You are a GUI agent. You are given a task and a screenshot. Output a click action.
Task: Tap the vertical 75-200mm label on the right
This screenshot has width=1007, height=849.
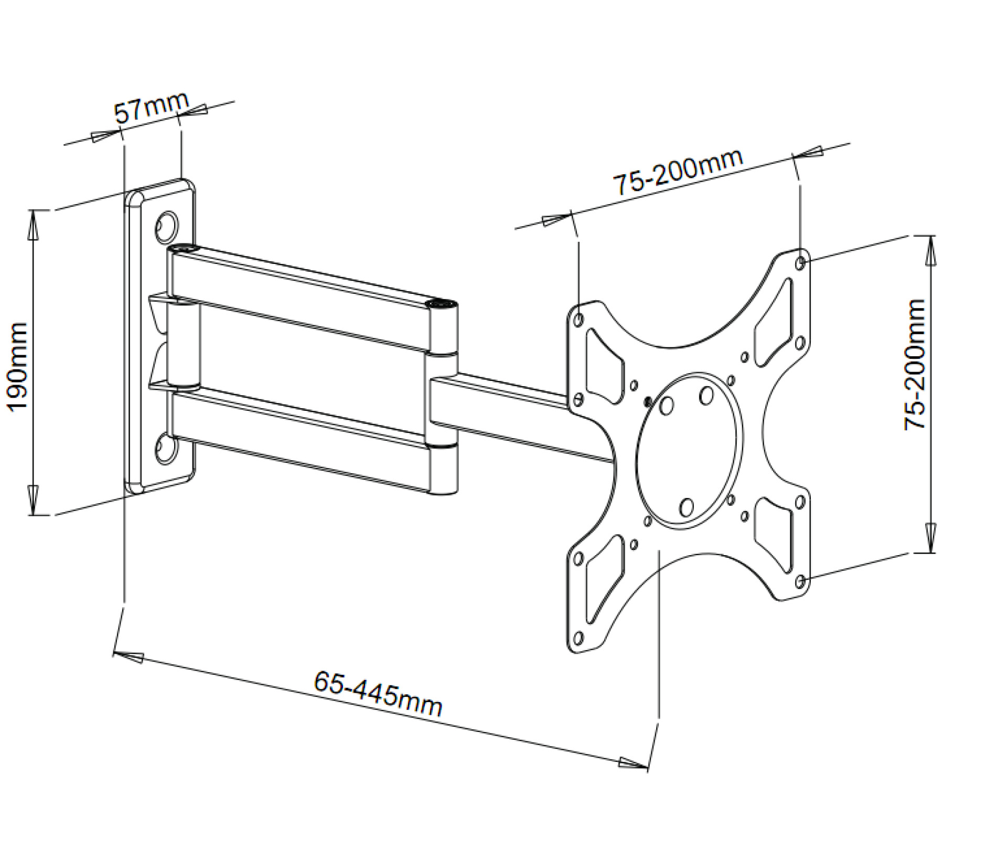point(915,365)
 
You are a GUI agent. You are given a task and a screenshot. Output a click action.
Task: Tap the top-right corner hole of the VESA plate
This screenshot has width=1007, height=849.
point(800,262)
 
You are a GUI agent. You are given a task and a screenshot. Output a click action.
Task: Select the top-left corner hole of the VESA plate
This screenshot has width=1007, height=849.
point(579,319)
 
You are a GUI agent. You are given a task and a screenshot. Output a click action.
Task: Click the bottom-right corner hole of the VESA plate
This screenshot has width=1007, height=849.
point(800,581)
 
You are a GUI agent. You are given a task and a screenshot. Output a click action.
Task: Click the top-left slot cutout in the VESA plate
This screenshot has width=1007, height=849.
point(604,365)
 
